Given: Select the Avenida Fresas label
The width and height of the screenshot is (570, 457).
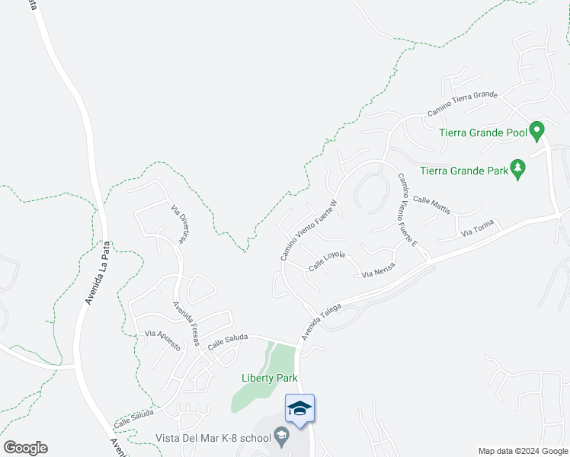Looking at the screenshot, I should (186, 324).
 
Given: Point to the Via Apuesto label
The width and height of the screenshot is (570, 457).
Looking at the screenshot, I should (162, 340).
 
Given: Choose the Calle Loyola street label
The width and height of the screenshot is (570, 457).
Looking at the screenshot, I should (328, 261).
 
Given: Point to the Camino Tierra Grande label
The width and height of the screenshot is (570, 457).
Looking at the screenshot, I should (462, 104).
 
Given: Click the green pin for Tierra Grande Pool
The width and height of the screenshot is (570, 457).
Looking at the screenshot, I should (537, 132).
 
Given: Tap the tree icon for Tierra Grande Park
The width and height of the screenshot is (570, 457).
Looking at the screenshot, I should (518, 169).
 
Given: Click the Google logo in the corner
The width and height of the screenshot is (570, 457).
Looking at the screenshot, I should (25, 448).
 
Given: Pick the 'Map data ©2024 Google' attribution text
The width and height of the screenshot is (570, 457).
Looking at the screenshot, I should (524, 451).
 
